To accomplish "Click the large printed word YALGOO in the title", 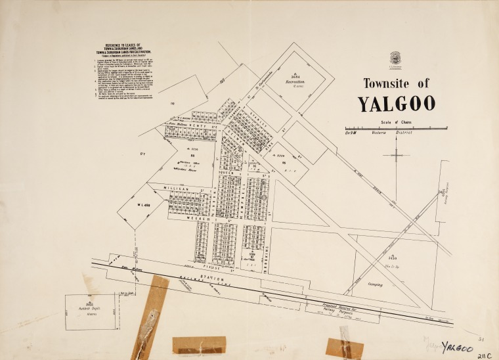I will pyautogui.click(x=396, y=104).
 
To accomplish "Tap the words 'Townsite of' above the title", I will pyautogui.click(x=396, y=83).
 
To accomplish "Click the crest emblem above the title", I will pyautogui.click(x=395, y=57).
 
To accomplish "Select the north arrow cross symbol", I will pyautogui.click(x=399, y=155).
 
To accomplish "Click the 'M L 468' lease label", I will pyautogui.click(x=146, y=205).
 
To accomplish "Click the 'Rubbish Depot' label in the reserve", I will pyautogui.click(x=89, y=306).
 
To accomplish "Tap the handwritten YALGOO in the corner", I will pyautogui.click(x=458, y=346).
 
